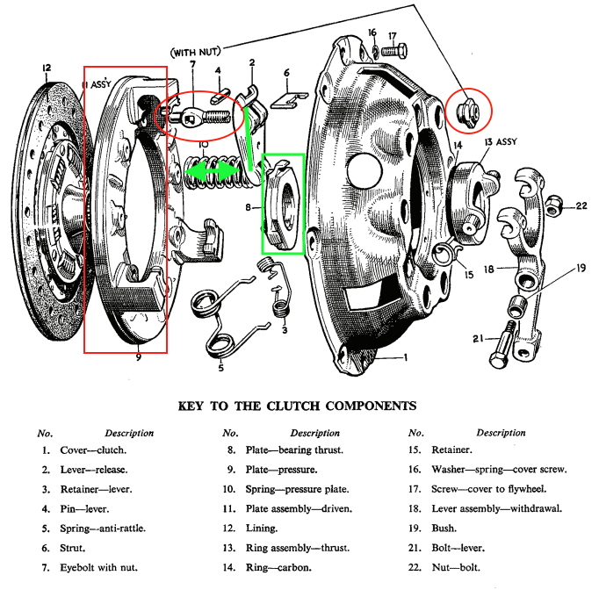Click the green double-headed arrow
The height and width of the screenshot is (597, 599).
pos(212,170)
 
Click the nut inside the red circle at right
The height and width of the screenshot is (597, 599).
pos(467,111)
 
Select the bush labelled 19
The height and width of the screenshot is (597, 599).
pos(518,306)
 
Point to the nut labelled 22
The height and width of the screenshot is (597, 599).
pos(552,206)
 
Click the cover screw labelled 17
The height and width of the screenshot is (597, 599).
pos(393,50)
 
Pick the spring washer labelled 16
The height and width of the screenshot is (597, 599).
pos(376,51)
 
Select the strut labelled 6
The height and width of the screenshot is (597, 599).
pos(289,100)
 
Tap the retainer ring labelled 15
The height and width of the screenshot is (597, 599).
pos(446,253)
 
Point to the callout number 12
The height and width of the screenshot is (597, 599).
pos(47,68)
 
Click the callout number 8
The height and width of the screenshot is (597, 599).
pos(249,207)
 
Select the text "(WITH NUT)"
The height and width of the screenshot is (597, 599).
pos(196,52)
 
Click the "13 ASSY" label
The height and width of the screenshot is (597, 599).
pos(501,142)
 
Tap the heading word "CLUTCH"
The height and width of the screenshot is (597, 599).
pos(292,406)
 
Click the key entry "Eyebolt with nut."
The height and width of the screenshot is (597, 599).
pos(98,568)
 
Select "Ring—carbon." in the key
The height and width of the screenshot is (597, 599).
pos(278,568)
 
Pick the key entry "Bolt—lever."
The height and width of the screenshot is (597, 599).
pos(458,548)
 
